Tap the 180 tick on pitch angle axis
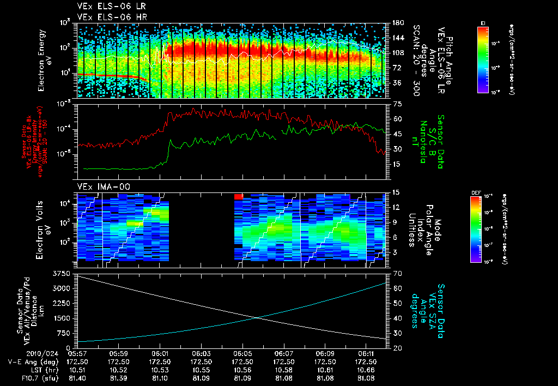pos(398,23)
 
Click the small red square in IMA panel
pos(238,196)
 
